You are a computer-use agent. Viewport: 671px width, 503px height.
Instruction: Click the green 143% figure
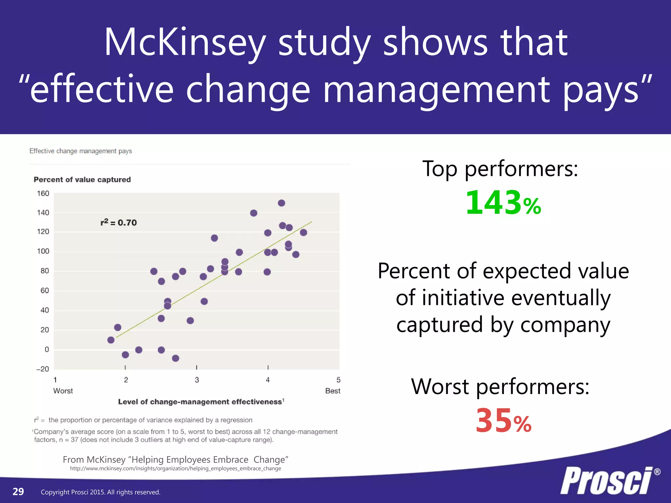click(503, 203)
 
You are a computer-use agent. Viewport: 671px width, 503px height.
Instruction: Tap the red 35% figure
click(503, 421)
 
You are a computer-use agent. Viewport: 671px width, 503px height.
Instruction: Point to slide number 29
click(18, 492)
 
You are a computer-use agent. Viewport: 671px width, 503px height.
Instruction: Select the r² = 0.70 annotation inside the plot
click(119, 223)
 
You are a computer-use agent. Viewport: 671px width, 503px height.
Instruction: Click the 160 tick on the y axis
click(43, 194)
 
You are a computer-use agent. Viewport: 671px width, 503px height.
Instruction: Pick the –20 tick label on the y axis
click(43, 369)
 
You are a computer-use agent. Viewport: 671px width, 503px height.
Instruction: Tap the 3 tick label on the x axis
click(197, 380)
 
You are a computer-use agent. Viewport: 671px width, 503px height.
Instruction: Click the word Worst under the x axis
click(63, 391)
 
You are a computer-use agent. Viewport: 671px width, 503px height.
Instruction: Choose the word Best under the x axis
click(333, 391)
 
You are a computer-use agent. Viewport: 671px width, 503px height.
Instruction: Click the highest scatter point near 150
click(281, 203)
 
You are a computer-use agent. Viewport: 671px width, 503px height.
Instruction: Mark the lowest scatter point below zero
click(176, 358)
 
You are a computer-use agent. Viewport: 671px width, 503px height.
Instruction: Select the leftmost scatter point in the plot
click(111, 340)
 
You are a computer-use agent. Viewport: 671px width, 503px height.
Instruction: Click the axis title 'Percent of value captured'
click(82, 179)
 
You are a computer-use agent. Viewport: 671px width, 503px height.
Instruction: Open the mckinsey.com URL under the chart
click(175, 469)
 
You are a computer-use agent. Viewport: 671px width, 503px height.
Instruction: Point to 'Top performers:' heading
click(500, 169)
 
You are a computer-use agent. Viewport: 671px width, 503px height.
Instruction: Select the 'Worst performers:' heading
click(500, 386)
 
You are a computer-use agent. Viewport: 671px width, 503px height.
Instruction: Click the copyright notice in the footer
click(101, 492)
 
